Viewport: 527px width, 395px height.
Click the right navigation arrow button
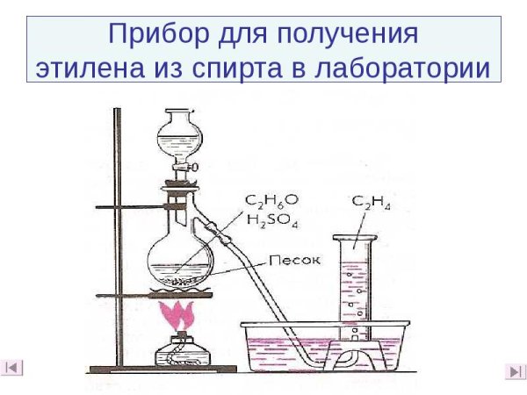pyautogui.click(x=514, y=371)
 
